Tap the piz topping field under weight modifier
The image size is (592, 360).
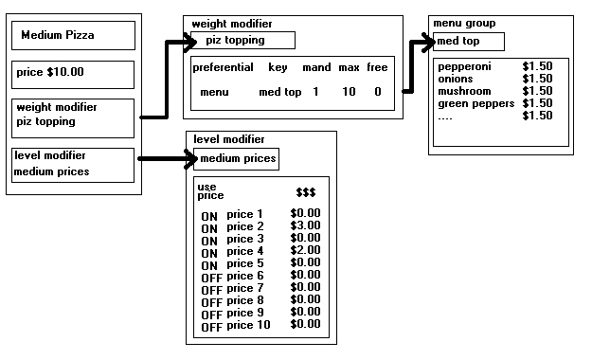click(x=242, y=40)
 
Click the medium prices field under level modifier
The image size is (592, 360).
click(x=236, y=157)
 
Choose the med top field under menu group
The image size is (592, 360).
click(x=468, y=42)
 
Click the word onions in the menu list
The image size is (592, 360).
click(x=456, y=79)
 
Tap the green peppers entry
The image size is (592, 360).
click(x=475, y=103)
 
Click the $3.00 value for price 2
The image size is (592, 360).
click(x=305, y=226)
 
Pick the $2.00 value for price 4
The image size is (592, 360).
click(x=305, y=251)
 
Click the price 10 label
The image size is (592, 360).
click(x=248, y=325)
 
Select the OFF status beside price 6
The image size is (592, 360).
click(x=210, y=277)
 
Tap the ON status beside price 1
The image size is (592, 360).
click(x=209, y=215)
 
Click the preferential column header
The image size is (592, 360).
click(x=223, y=67)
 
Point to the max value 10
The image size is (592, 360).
click(x=349, y=92)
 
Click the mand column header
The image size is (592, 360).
click(x=315, y=67)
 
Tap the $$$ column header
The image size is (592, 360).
click(x=305, y=191)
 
